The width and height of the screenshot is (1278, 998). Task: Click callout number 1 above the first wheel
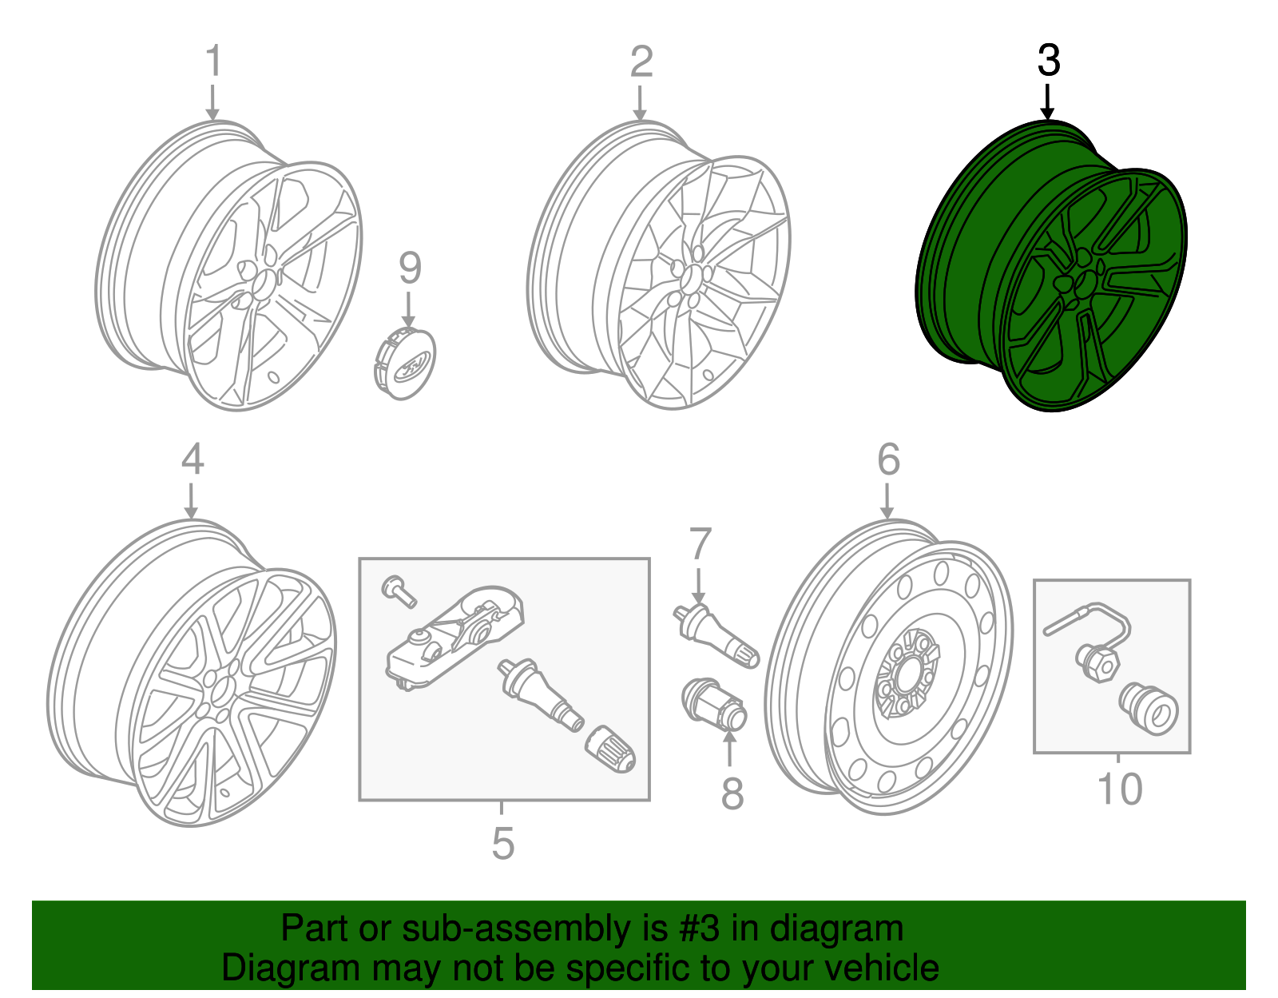[x=212, y=62]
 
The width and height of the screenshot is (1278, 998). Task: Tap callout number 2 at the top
[x=641, y=62]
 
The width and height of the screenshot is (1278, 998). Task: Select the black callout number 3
[x=1048, y=61]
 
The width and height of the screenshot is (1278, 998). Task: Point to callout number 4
[x=192, y=459]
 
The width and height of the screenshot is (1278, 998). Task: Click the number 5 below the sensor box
[x=502, y=843]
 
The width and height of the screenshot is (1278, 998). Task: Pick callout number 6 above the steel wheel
[x=888, y=459]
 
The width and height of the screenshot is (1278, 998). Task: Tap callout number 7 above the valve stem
[x=700, y=544]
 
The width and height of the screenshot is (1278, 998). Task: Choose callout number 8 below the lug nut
[x=732, y=793]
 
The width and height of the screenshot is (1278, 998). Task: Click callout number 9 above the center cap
[x=410, y=268]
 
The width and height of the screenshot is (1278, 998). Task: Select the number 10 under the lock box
[x=1121, y=789]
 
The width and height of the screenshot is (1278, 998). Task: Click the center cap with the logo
[x=405, y=364]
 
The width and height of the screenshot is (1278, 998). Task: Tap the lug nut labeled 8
[x=715, y=703]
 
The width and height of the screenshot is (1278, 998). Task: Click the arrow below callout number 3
[x=1047, y=103]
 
